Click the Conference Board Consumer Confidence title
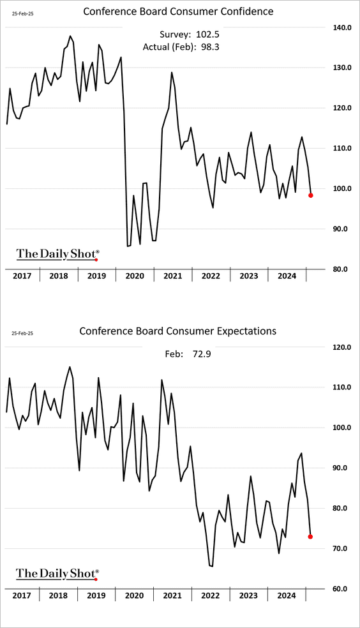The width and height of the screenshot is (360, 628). [178, 11]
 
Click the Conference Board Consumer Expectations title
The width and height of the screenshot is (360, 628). [178, 331]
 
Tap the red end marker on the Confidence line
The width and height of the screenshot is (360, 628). [311, 195]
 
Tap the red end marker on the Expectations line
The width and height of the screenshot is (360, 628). [310, 537]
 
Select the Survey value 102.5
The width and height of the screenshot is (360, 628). [207, 34]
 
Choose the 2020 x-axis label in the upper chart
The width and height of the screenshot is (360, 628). [135, 276]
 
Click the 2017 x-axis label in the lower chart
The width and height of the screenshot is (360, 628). [22, 595]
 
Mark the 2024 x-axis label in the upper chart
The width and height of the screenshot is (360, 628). [287, 276]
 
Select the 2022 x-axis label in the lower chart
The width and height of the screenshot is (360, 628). [211, 595]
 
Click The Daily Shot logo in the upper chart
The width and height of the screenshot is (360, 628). [57, 254]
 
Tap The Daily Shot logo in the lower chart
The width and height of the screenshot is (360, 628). [57, 574]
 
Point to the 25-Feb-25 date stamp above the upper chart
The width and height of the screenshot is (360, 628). [22, 13]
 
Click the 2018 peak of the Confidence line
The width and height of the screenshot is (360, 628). [70, 36]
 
